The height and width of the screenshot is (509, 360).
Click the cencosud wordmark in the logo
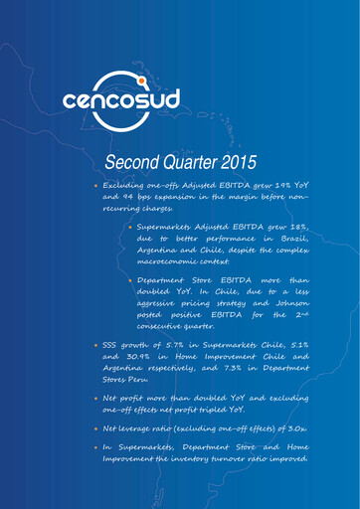(x=179, y=101)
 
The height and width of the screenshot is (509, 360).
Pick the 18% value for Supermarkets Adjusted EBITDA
(x=298, y=229)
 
